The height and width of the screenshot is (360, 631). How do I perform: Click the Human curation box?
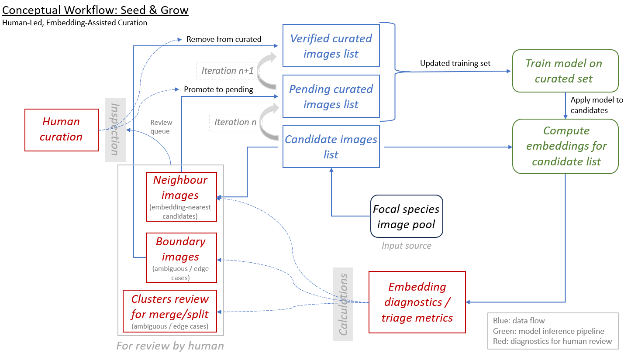coord(61,129)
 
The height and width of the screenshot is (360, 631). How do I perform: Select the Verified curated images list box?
coord(331,46)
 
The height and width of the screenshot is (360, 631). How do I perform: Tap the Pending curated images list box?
coord(331,96)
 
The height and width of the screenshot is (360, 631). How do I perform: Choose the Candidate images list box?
coord(331,147)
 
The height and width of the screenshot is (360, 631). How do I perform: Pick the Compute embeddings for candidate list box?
coord(566,146)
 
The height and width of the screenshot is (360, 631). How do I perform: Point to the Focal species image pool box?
coord(406,216)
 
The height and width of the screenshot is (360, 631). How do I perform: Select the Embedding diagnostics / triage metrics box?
coord(417,302)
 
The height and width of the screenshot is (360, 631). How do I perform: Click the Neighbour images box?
coord(180,196)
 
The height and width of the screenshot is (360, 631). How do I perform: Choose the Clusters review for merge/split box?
coord(170,310)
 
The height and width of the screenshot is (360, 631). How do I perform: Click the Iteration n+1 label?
coord(228,71)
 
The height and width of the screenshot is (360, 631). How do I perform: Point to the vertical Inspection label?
coord(115,130)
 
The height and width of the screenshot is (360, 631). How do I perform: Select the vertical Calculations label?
coord(343,304)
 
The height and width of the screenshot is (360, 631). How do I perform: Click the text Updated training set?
coord(455,63)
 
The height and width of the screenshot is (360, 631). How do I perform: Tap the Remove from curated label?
coord(224,39)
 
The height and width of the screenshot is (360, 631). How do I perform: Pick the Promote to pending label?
coord(218,89)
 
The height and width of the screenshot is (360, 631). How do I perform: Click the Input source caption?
coord(406,246)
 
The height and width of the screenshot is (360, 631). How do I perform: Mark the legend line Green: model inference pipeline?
coord(549,331)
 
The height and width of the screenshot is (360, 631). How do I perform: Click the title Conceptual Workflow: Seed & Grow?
coord(95,10)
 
